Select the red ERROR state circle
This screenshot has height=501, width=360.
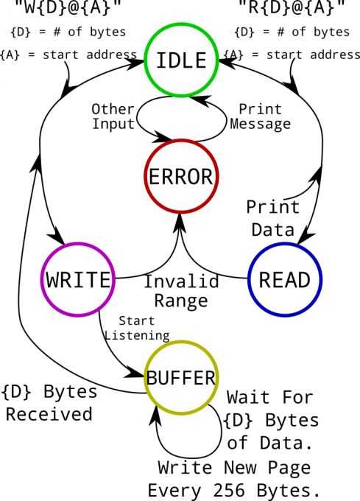click(180, 176)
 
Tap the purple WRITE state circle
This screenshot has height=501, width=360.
click(78, 279)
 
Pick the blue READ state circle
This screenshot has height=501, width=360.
click(284, 279)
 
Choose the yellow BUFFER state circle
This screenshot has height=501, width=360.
click(180, 379)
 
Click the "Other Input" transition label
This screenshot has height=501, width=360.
click(113, 116)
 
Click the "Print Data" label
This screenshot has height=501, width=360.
click(273, 218)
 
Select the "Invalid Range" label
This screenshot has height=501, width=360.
click(181, 291)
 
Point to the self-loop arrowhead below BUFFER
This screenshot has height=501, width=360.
click(157, 417)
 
